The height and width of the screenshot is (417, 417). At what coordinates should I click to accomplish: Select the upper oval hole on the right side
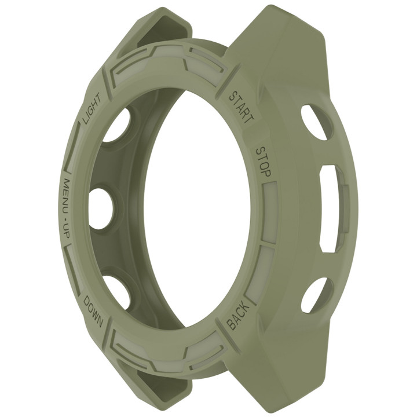click(x=316, y=122)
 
